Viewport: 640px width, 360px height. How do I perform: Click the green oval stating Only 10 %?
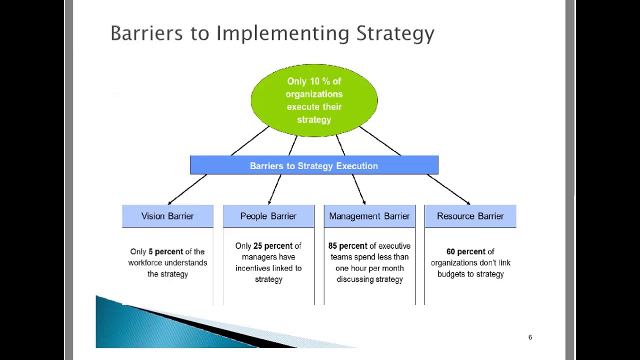point(314,100)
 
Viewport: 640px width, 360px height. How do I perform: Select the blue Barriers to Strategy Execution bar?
point(314,165)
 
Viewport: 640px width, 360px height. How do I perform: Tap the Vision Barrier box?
point(167,216)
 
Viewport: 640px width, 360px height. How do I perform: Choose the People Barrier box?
point(268,216)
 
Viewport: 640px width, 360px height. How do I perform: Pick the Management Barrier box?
point(369,216)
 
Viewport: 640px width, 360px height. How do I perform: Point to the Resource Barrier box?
point(470,216)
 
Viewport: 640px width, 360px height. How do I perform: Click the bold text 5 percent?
point(165,251)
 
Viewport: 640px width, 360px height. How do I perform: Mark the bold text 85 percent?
point(347,246)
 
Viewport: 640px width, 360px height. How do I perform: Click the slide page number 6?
point(530,337)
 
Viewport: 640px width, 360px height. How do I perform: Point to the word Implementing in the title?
point(282,33)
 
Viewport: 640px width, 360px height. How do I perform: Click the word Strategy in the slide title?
point(395,33)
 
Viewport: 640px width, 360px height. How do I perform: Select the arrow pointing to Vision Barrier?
point(187,189)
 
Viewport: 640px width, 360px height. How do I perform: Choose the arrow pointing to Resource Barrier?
point(448,189)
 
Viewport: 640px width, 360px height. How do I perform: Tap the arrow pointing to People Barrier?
point(275,189)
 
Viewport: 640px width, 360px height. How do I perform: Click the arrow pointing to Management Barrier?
point(358,189)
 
